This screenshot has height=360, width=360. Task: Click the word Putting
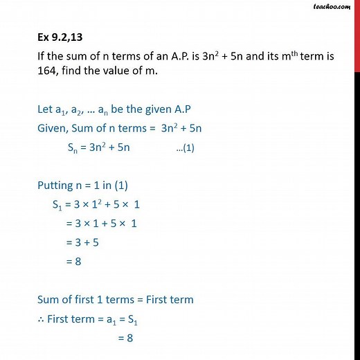55,185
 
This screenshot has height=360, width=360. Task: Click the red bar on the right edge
356,35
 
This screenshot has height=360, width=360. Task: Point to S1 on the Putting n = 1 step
58,205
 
